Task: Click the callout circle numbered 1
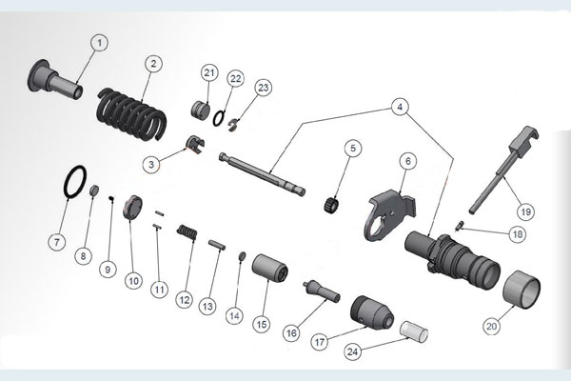[x=99, y=43]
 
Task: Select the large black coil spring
[x=132, y=114]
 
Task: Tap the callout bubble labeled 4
[x=400, y=107]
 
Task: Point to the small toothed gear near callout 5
[x=331, y=205]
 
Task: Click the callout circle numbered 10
[x=133, y=281]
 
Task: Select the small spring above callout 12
[x=187, y=232]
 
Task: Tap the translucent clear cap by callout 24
[x=414, y=332]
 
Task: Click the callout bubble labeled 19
[x=525, y=211]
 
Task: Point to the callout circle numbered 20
[x=491, y=326]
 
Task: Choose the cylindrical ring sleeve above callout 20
[x=522, y=290]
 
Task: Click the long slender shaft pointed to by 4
[x=263, y=174]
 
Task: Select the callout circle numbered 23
[x=263, y=88]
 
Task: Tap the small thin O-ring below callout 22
[x=219, y=118]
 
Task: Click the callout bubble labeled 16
[x=291, y=332]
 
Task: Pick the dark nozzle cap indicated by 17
[x=372, y=312]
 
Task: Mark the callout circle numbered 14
[x=234, y=315]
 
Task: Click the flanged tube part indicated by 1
[x=55, y=79]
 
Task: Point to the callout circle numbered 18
[x=517, y=233]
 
